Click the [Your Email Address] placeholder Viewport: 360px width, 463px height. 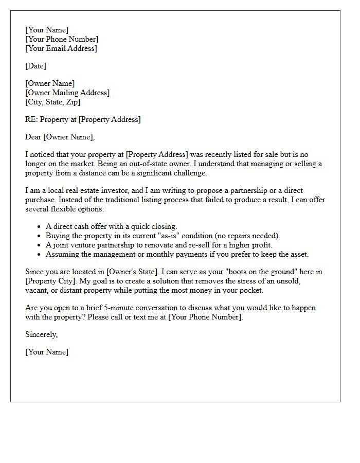point(61,48)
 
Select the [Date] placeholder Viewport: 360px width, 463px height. point(35,66)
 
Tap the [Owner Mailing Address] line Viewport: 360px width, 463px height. point(67,93)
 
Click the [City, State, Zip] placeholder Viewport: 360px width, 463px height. point(52,102)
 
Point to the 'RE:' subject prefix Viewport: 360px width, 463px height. point(31,119)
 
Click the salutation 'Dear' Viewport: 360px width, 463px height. point(33,137)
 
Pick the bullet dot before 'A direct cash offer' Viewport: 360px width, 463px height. point(40,227)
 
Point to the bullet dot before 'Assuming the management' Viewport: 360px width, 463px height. point(40,255)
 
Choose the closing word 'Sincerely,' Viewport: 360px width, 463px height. point(41,334)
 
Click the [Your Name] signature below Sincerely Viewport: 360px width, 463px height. point(46,352)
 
